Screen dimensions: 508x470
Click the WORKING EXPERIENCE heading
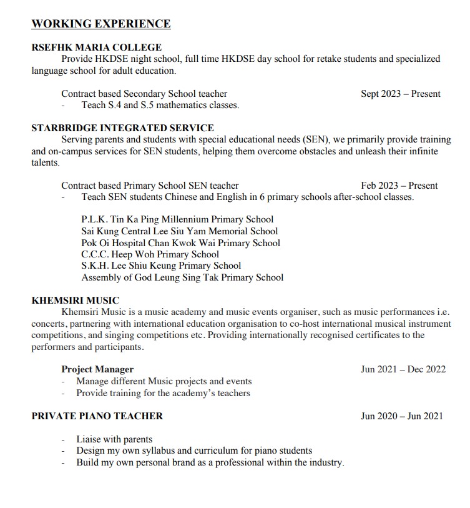coord(100,24)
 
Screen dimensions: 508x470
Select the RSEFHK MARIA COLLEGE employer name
coord(96,47)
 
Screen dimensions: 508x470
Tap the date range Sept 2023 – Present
coord(400,94)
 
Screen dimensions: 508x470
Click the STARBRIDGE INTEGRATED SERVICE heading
coord(122,128)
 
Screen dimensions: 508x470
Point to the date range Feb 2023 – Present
coord(399,186)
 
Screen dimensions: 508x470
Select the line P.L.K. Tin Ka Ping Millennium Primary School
coord(177,219)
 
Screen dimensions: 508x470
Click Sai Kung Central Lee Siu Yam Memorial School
coord(180,231)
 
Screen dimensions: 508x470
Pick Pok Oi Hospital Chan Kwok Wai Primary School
coord(180,242)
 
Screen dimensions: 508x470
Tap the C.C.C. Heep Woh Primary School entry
coord(150,254)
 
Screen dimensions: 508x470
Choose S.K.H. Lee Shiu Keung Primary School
coord(161,266)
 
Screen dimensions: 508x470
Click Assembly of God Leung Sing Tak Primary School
coord(182,277)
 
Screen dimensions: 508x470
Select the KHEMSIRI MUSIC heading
coord(75,301)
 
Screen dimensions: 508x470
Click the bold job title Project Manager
coord(97,369)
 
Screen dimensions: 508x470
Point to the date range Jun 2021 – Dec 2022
coord(403,369)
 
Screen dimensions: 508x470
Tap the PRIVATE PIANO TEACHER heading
coord(97,416)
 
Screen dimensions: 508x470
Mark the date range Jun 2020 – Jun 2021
coord(401,416)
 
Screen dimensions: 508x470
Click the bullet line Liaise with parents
coord(114,439)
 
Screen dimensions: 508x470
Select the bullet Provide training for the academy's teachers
coord(163,393)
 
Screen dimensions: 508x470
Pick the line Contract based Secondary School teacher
coord(144,94)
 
